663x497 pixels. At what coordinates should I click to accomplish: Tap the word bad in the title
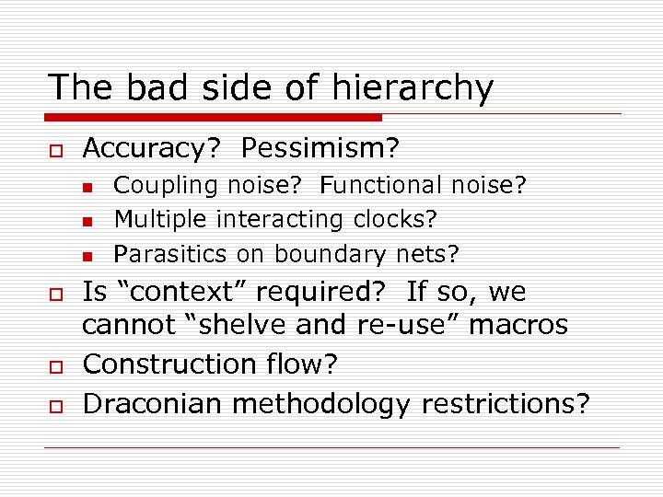tap(149, 87)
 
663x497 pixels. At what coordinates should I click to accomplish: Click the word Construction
tap(174, 364)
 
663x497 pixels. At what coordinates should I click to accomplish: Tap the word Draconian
tap(151, 403)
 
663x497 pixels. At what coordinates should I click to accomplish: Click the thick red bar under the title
tap(214, 118)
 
